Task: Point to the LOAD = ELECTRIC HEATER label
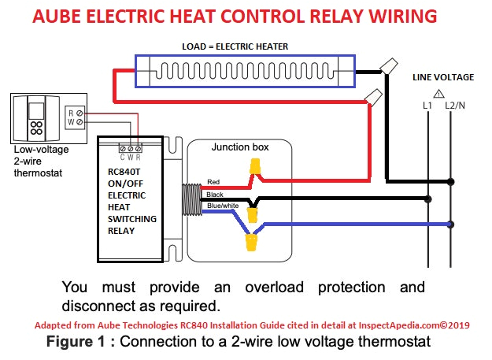(246, 46)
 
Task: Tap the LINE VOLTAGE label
(443, 76)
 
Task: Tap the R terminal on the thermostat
(70, 112)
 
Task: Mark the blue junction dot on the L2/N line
(449, 223)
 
